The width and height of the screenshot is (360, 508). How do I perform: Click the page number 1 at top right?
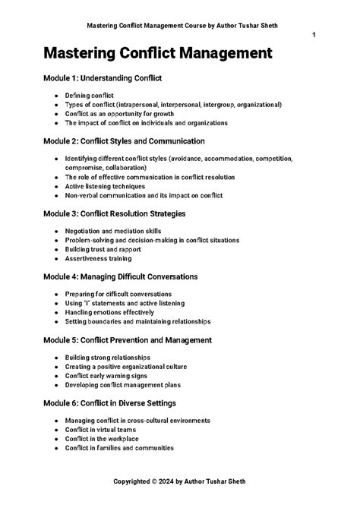coord(314,36)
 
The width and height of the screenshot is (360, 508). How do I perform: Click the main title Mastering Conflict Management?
coord(157,54)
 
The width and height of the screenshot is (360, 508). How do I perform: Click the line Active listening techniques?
coord(105,186)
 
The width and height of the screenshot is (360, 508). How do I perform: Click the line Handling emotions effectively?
coord(109,311)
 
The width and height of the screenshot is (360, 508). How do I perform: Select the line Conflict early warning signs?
coord(109,375)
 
